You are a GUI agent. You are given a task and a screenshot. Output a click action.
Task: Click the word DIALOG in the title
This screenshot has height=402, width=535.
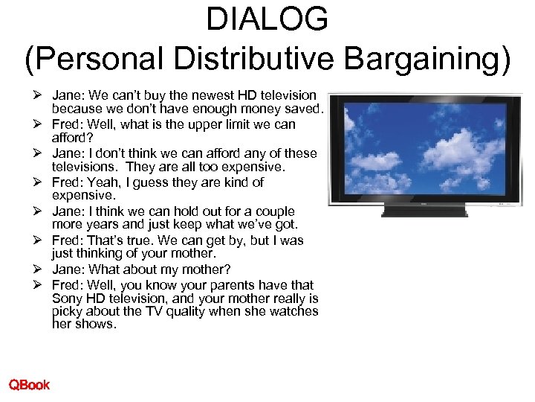[267, 19]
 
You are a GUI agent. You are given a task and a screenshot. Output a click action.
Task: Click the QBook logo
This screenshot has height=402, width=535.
[29, 384]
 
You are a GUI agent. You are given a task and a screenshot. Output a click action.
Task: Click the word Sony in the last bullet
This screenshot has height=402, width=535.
[68, 299]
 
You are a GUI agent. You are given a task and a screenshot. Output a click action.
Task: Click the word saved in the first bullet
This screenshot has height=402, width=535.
[301, 109]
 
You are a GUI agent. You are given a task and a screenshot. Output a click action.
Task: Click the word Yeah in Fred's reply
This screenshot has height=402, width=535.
[101, 182]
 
